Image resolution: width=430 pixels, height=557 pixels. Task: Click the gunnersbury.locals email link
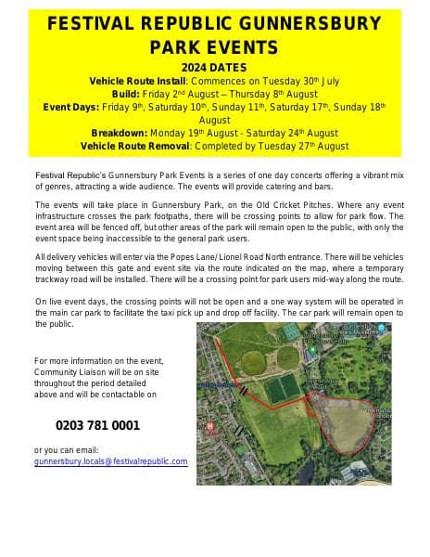pyautogui.click(x=110, y=461)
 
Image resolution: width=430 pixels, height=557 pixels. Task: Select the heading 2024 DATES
pyautogui.click(x=215, y=69)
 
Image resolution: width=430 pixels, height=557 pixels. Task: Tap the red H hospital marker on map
pyautogui.click(x=211, y=426)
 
